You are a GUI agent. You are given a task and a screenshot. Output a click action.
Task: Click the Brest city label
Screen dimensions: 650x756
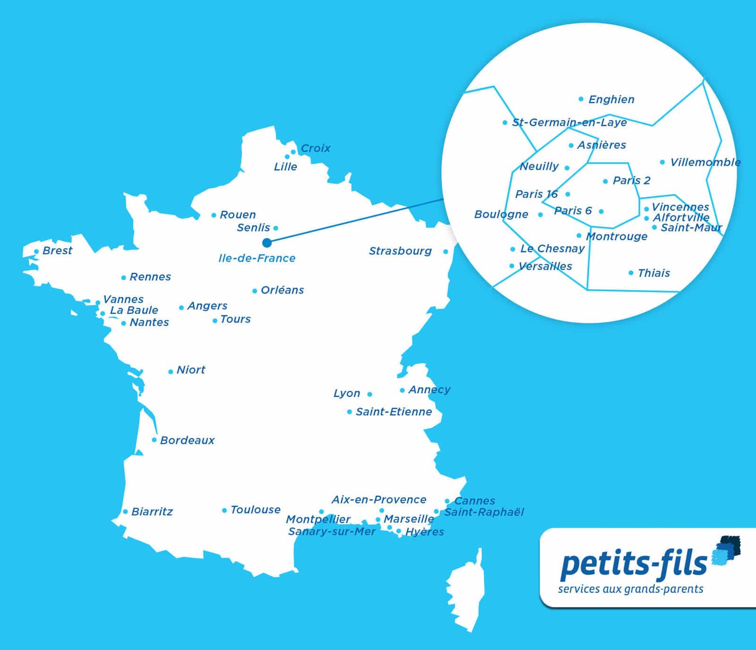tap(57, 251)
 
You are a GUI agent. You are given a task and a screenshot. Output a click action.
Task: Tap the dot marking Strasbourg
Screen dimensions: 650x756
tap(446, 251)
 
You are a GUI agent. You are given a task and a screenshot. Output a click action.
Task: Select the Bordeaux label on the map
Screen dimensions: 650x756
tap(187, 440)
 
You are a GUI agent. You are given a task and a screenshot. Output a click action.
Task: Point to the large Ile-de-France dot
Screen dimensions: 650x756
tap(267, 243)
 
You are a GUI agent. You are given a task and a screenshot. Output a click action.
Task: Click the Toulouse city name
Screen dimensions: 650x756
tap(255, 510)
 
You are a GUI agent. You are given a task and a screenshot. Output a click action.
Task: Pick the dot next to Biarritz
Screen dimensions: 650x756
tap(125, 511)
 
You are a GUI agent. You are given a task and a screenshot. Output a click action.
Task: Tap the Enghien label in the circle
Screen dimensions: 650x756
tap(611, 99)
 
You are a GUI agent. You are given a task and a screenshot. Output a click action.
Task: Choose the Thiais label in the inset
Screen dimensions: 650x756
tap(653, 273)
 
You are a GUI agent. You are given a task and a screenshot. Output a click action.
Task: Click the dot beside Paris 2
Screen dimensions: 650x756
tap(605, 181)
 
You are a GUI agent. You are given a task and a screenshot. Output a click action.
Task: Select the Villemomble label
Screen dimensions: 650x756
tap(705, 162)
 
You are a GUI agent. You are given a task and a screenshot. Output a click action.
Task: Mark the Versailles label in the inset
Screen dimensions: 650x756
tap(545, 266)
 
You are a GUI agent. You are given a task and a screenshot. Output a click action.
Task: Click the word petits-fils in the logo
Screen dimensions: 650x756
tap(633, 563)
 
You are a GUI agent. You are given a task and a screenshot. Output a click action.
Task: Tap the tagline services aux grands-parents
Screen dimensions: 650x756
tap(630, 589)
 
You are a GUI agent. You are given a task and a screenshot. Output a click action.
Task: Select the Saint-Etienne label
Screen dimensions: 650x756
tap(394, 412)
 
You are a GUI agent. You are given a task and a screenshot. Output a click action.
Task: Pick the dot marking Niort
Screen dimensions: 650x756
tap(171, 372)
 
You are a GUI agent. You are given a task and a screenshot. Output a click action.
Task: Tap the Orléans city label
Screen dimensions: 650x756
tap(282, 290)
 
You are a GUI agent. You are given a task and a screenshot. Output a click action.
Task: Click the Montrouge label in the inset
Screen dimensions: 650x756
tap(617, 236)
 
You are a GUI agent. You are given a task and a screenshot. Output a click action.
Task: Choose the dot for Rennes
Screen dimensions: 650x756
tap(124, 277)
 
